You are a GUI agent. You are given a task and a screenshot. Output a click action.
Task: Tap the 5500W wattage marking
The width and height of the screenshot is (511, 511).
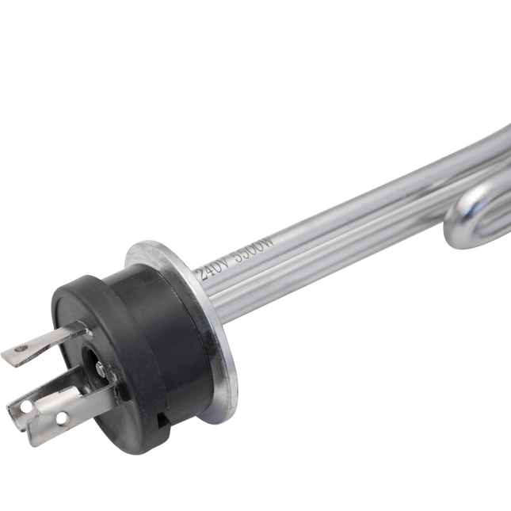(x=253, y=249)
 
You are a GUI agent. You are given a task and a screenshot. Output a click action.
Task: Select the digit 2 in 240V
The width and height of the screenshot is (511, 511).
(x=203, y=275)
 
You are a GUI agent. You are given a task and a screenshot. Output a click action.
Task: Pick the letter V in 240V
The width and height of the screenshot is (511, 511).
(x=226, y=261)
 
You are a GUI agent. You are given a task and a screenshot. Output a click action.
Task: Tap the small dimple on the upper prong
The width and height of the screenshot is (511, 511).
(x=21, y=349)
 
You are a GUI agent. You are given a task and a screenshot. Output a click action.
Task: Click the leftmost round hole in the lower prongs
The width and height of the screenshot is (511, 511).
(x=25, y=406)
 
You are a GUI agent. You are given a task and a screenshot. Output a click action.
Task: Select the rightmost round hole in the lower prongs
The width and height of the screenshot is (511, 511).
(x=61, y=418)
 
